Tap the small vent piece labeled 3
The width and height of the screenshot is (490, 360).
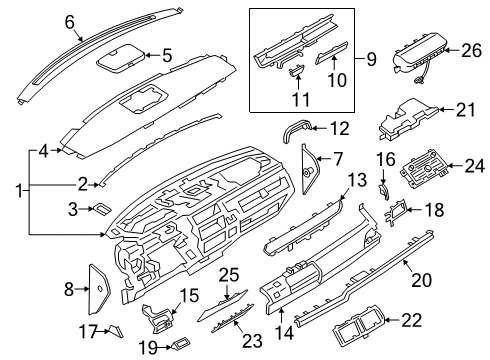102,208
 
